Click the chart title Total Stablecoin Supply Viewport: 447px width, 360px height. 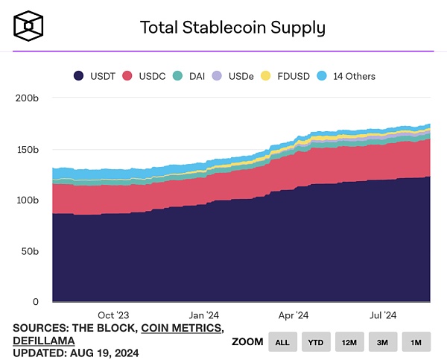click(x=232, y=28)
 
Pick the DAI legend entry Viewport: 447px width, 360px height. click(x=189, y=76)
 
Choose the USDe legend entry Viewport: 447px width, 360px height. click(x=232, y=76)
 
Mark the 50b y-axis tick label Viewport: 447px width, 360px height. click(x=28, y=251)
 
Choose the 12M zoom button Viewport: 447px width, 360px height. click(x=349, y=342)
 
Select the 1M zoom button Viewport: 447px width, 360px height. click(x=416, y=342)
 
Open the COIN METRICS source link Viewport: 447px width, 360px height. click(x=182, y=328)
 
